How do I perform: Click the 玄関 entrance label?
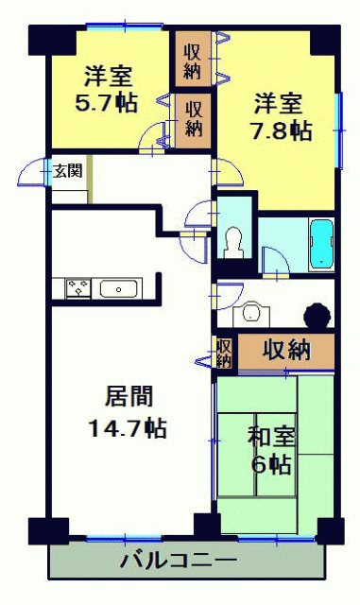coord(68,170)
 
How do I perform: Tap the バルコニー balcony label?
coord(179,561)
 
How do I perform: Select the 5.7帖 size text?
coord(106,103)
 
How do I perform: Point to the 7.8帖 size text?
coord(282,130)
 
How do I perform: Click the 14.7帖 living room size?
coord(128,428)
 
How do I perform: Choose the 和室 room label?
coord(271,438)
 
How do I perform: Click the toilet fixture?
coord(234,243)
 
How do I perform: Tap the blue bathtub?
coord(321,245)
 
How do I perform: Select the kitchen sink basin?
coord(118,289)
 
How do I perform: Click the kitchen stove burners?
coord(78,287)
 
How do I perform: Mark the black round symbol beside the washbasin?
coord(317,316)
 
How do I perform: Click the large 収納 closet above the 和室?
coord(286,351)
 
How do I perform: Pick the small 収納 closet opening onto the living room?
coord(224,352)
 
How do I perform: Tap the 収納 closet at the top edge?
coord(193,59)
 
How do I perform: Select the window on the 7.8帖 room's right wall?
coord(340,130)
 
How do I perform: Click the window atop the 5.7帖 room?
coord(125,26)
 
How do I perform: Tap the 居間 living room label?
coord(129,396)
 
